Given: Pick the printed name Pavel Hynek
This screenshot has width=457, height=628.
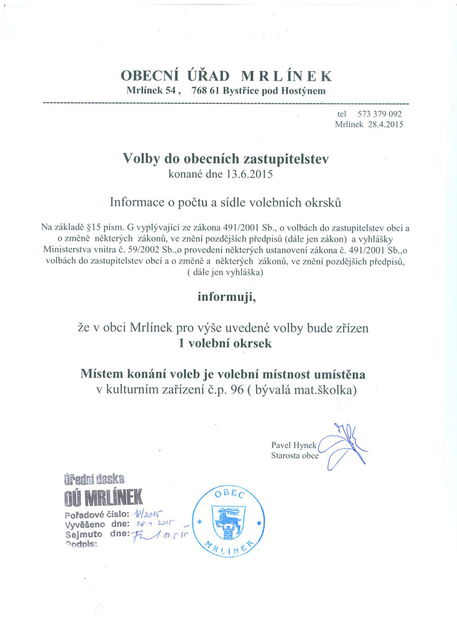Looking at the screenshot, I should pyautogui.click(x=293, y=445).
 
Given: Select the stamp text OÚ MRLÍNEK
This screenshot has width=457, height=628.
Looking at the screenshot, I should pyautogui.click(x=104, y=495).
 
